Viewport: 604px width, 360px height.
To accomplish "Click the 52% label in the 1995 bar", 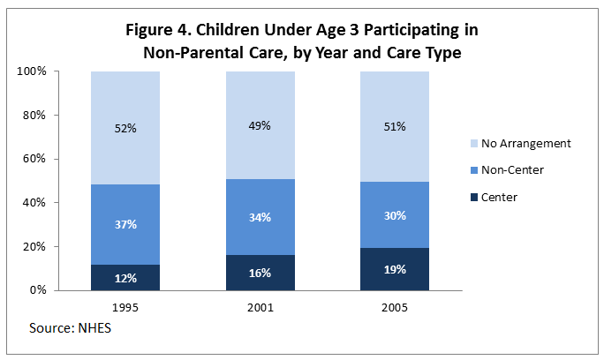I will [125, 127].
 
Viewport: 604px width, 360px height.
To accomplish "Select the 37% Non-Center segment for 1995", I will [125, 224].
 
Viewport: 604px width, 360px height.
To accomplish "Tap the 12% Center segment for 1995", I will [125, 278].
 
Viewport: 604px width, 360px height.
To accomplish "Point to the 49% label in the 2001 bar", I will [260, 126].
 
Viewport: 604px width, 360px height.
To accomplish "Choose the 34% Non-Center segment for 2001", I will [260, 217].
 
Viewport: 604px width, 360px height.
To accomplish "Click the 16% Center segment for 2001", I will [260, 274].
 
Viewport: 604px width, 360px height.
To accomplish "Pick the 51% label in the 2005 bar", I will [395, 126].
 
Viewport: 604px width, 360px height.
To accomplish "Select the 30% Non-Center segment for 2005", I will [395, 214].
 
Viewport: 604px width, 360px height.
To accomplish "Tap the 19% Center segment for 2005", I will [395, 269].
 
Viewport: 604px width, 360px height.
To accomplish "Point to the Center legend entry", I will [500, 198].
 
